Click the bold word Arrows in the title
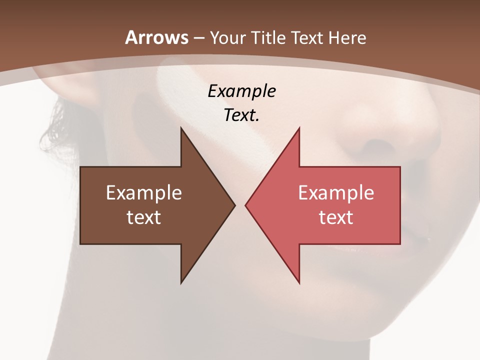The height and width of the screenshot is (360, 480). tap(157, 37)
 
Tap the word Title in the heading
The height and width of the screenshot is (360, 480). tap(268, 37)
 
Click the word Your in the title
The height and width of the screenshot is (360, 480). tap(227, 37)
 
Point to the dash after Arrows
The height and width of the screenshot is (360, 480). tap(198, 38)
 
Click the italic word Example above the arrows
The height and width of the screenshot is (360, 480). tap(241, 91)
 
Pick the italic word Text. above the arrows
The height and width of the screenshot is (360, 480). tap(241, 115)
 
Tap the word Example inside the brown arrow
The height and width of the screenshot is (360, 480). tap(144, 192)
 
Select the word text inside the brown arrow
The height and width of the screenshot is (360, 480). tap(144, 217)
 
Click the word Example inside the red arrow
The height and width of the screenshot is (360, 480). tap(336, 192)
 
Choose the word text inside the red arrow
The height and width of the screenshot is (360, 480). tap(336, 217)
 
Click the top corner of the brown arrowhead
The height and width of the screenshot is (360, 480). tap(181, 129)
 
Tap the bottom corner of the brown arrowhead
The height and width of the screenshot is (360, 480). tap(181, 282)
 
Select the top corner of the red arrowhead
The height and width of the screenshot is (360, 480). tap(299, 129)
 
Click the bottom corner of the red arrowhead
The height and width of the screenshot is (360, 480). tap(299, 282)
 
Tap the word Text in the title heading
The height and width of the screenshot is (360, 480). tap(307, 37)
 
